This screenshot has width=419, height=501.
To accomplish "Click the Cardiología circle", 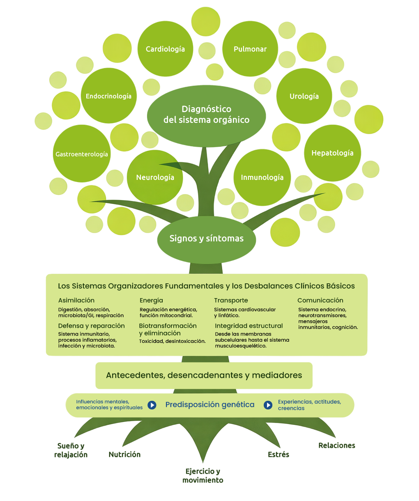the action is tap(165, 49).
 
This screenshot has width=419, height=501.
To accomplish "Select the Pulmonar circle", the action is tap(250, 49).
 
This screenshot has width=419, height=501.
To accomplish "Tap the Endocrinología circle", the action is tap(109, 96).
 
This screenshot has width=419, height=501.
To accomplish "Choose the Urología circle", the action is tap(304, 96).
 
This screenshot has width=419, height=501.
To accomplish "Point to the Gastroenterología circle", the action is tap(82, 154).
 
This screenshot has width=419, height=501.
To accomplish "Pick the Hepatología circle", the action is tap(332, 153).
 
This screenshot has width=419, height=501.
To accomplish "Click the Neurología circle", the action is tap(155, 177).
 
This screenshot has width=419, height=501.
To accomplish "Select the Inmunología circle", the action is tap(262, 177).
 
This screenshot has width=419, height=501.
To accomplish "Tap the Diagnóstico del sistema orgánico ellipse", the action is tap(206, 116).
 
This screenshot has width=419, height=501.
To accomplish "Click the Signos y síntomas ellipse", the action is tap(206, 239).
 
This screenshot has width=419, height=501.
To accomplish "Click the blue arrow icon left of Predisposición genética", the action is tap(152, 405).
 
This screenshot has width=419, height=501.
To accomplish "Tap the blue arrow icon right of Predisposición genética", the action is tap(268, 405).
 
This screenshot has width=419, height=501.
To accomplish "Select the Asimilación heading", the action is tap(76, 300).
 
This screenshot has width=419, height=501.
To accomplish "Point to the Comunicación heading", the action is tap(320, 300).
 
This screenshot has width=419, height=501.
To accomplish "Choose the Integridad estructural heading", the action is tap(249, 326).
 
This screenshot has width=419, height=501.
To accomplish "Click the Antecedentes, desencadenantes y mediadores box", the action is tap(204, 375).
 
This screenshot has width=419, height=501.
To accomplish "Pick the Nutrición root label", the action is tap(124, 454).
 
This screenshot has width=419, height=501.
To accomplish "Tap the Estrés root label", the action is tap(279, 454).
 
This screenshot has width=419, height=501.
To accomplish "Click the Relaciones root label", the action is tap(337, 445).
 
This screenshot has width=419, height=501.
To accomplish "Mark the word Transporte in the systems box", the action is tap(231, 300).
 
